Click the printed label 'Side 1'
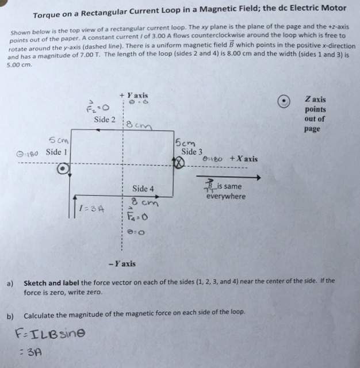tap(57, 152)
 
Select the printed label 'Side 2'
tap(105, 120)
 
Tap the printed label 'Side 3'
tap(192, 152)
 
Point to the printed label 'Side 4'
tap(143, 189)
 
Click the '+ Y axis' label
tap(133, 95)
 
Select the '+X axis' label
tap(243, 159)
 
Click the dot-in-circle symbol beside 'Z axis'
tap(282, 101)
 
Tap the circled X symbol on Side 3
tap(179, 164)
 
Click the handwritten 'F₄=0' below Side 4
tap(140, 217)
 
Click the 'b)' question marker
tap(10, 316)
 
